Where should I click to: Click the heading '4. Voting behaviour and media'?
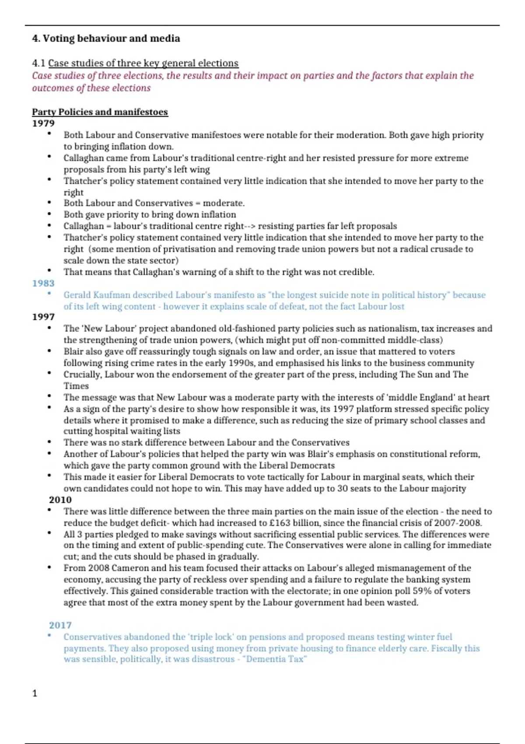pos(106,39)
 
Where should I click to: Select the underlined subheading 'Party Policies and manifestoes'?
pos(100,112)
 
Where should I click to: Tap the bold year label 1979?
pos(43,123)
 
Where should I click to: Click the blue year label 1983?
pos(43,283)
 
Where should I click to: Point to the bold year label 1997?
pos(43,317)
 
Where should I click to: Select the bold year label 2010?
pos(60,500)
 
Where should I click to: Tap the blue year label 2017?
pos(60,625)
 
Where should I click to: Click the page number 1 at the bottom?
pos(35,693)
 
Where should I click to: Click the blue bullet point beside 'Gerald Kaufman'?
pos(49,294)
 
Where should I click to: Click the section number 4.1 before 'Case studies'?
pos(38,63)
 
